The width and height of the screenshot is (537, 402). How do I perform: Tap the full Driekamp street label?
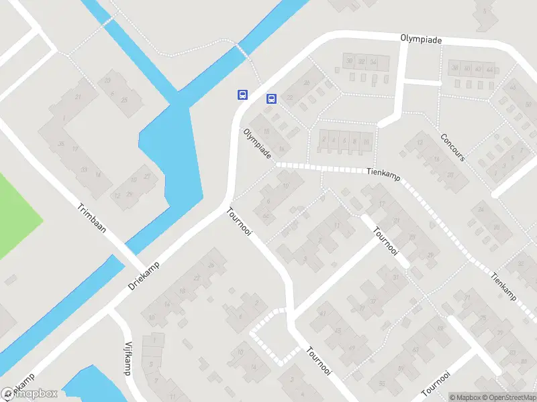[145, 275]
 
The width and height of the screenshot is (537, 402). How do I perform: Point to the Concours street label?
[452, 147]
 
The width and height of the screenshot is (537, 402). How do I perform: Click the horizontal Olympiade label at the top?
[422, 40]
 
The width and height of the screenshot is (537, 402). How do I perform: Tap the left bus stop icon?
[242, 94]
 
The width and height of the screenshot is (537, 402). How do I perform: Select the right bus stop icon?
[271, 98]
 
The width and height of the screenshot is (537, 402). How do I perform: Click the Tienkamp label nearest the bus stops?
[383, 172]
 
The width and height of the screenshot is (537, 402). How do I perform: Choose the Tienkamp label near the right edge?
[503, 286]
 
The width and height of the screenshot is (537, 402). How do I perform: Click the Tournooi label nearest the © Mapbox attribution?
[434, 384]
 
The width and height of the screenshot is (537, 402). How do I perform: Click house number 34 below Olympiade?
[373, 62]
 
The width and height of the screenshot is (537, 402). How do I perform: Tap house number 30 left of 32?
[349, 62]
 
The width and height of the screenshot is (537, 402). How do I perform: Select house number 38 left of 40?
[454, 68]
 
